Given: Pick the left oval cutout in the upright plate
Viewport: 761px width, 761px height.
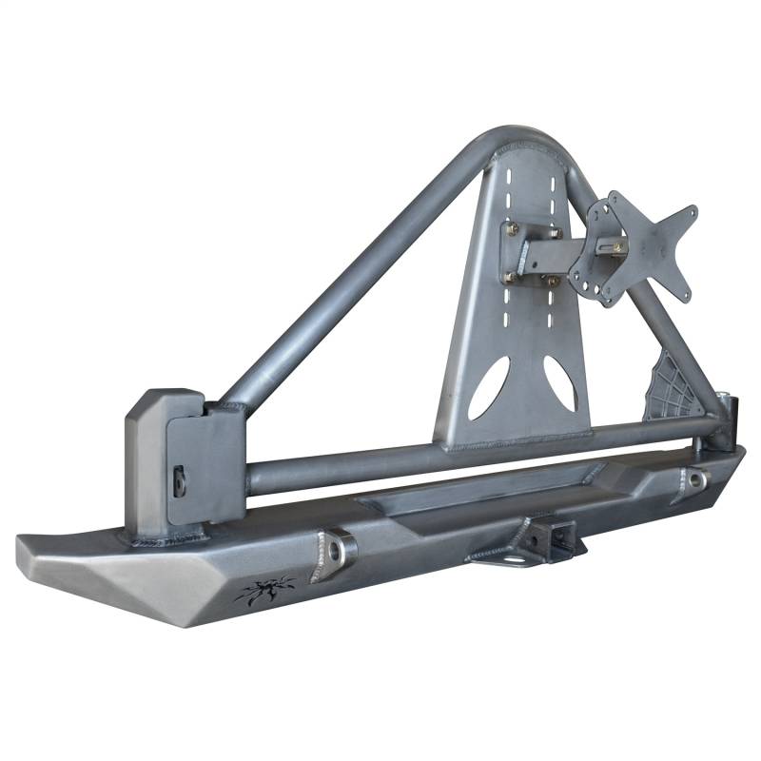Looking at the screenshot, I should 488,391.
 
